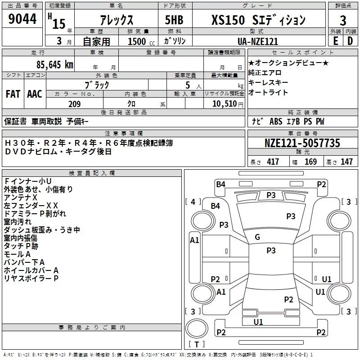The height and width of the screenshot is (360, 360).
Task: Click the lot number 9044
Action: click(x=22, y=18)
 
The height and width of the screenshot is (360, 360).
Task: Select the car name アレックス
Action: click(x=117, y=20)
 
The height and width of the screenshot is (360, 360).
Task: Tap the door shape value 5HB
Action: click(x=174, y=20)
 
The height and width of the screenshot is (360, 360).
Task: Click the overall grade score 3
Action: click(x=343, y=20)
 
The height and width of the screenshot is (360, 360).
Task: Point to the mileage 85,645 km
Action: click(x=55, y=64)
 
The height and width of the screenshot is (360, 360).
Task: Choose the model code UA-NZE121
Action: click(x=258, y=41)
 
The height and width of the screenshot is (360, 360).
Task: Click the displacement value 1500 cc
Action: click(x=141, y=41)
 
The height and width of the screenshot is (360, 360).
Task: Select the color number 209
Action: click(x=75, y=104)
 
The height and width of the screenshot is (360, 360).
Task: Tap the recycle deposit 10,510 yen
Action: click(x=228, y=104)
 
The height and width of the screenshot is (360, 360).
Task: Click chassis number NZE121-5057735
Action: click(x=302, y=143)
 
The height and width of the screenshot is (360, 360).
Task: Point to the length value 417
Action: click(x=273, y=162)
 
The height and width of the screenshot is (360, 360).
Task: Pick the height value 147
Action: click(x=346, y=162)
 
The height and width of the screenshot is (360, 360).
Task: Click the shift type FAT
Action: click(x=13, y=94)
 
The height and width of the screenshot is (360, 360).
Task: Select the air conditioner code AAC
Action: click(x=35, y=94)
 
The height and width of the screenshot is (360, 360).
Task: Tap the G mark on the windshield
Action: click(x=257, y=237)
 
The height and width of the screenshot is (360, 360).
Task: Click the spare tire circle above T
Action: click(x=197, y=328)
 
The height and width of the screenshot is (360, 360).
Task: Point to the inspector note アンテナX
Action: click(x=21, y=198)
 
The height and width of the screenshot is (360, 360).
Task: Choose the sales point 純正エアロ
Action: click(x=265, y=73)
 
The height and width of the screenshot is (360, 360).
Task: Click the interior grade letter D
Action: click(x=350, y=41)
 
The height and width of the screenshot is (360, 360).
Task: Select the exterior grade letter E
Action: click(x=335, y=41)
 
